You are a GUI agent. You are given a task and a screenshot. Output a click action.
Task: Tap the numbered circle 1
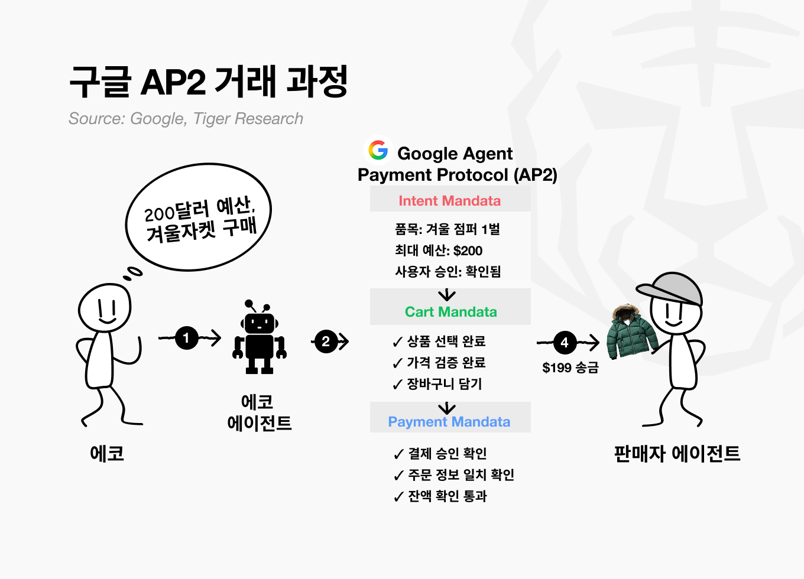187,338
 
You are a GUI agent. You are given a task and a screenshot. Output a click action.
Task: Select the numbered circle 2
326,341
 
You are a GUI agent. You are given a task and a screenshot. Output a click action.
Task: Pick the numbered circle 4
565,342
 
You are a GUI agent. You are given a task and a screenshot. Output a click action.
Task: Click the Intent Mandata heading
449,201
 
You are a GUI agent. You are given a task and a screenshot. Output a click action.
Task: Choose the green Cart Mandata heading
450,312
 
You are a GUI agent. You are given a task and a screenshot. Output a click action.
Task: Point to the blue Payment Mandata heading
449,422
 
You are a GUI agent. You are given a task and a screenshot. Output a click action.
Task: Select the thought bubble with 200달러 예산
199,217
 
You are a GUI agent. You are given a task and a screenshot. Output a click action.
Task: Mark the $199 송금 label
570,367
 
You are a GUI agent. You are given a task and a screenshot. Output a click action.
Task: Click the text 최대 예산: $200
439,251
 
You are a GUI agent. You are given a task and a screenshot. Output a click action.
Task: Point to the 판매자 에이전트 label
677,454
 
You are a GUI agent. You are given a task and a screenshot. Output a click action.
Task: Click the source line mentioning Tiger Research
186,119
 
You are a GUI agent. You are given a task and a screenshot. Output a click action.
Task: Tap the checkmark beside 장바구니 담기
398,385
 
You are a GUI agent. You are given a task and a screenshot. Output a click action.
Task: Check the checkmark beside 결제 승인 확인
399,454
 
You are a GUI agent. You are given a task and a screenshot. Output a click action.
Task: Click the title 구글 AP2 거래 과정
208,82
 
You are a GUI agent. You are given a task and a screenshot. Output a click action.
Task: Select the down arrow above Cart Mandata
447,295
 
